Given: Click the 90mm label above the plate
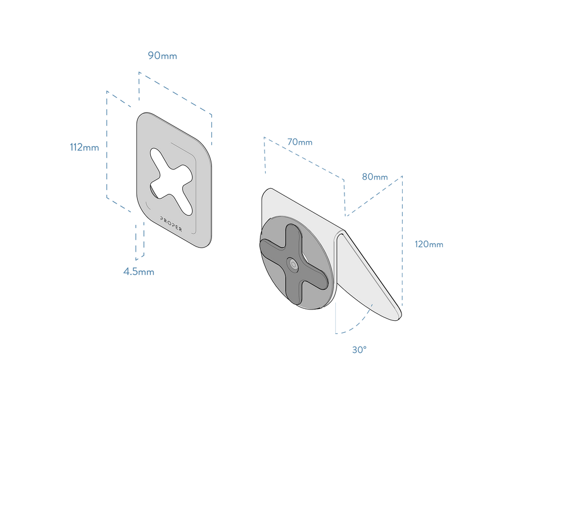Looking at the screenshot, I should pos(162,55).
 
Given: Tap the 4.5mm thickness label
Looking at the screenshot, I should pos(138,272).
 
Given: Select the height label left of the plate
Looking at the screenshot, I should pos(84,148).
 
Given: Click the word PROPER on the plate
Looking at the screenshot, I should pos(171,224).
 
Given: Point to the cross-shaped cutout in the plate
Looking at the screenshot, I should pos(169,176).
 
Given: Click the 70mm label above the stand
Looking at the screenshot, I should pos(299,142).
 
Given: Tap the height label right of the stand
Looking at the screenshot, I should pos(428,245).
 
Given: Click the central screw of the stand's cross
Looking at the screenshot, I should pos(293,264).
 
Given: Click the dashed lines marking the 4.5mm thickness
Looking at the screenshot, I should pos(138,240).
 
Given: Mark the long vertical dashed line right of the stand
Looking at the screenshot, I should pos(403,240).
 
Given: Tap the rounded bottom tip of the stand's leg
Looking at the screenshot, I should pos(399,315).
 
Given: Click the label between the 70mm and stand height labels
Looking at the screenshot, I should pos(375,177).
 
